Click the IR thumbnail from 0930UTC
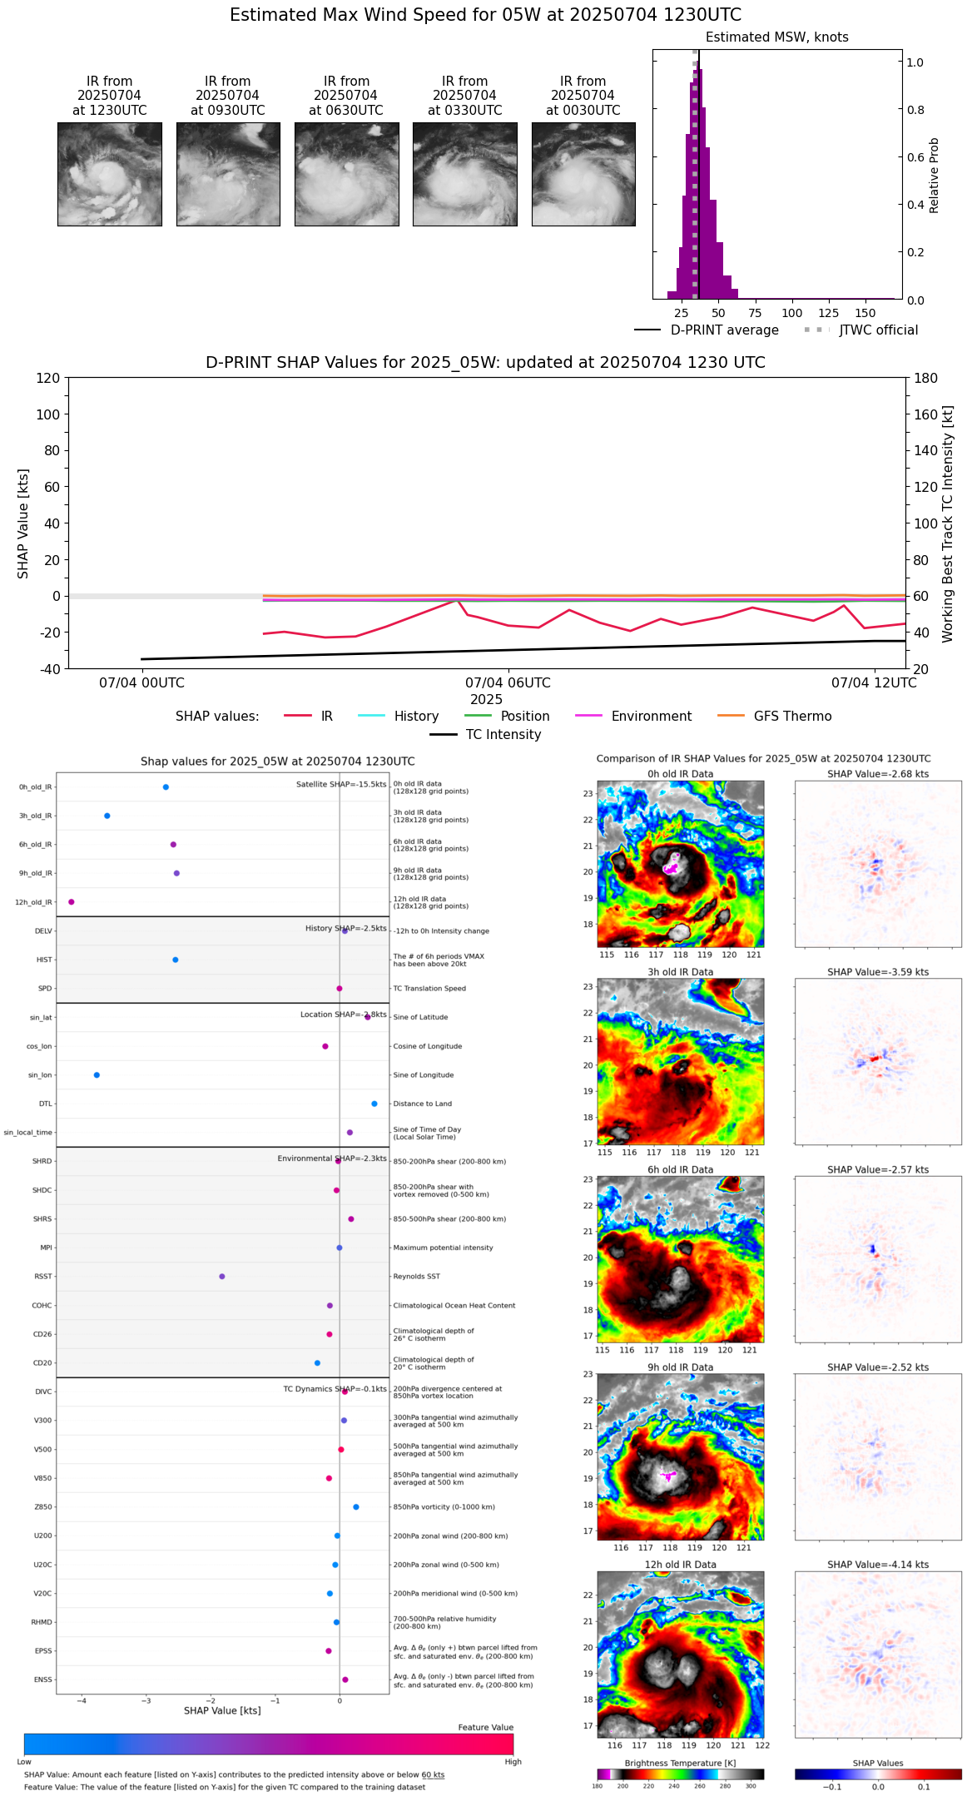pyautogui.click(x=228, y=174)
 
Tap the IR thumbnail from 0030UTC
pyautogui.click(x=583, y=174)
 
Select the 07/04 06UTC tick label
pyautogui.click(x=508, y=683)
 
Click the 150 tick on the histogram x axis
pyautogui.click(x=865, y=313)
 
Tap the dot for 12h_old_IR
pyautogui.click(x=72, y=902)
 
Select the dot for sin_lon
pyautogui.click(x=97, y=1075)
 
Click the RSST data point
pyautogui.click(x=221, y=1277)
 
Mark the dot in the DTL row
pyautogui.click(x=374, y=1104)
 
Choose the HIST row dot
pyautogui.click(x=176, y=960)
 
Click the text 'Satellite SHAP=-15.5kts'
pyautogui.click(x=341, y=785)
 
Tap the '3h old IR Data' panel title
pyautogui.click(x=680, y=972)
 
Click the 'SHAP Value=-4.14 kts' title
pyautogui.click(x=878, y=1565)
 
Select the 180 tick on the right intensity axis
pyautogui.click(x=926, y=379)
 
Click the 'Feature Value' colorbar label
pyautogui.click(x=485, y=1728)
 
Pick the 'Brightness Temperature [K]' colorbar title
pyautogui.click(x=680, y=1763)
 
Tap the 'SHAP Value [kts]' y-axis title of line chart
pyautogui.click(x=23, y=523)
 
